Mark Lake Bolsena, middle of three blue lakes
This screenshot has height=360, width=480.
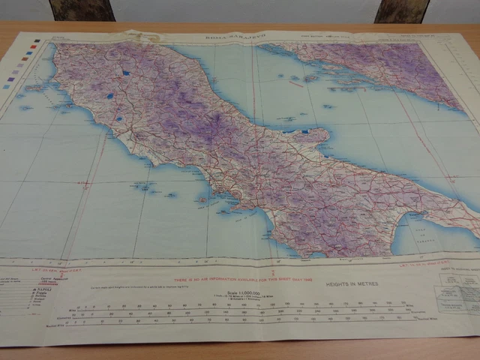[x=111, y=96]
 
